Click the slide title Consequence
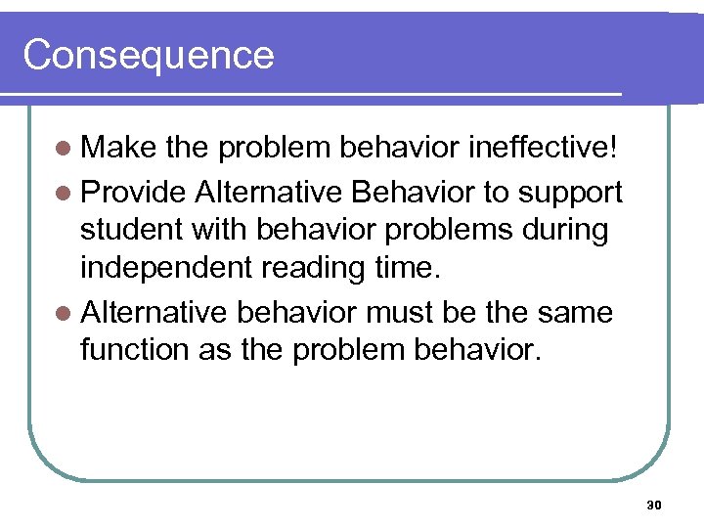click(x=149, y=55)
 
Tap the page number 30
click(x=654, y=505)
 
